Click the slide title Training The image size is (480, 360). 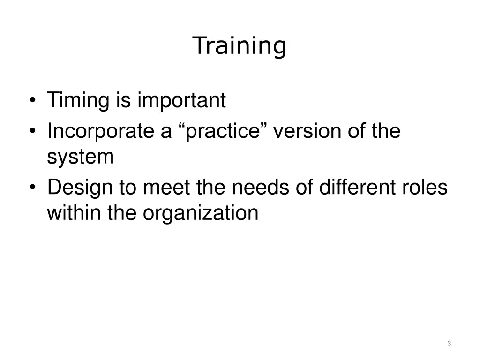coord(239,46)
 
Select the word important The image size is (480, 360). coord(181,100)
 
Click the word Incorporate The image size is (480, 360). coord(100,131)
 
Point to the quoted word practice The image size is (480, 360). coord(223,132)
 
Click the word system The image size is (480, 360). coord(80,157)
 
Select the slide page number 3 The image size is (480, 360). coord(449,344)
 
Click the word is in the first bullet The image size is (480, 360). coord(122,100)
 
